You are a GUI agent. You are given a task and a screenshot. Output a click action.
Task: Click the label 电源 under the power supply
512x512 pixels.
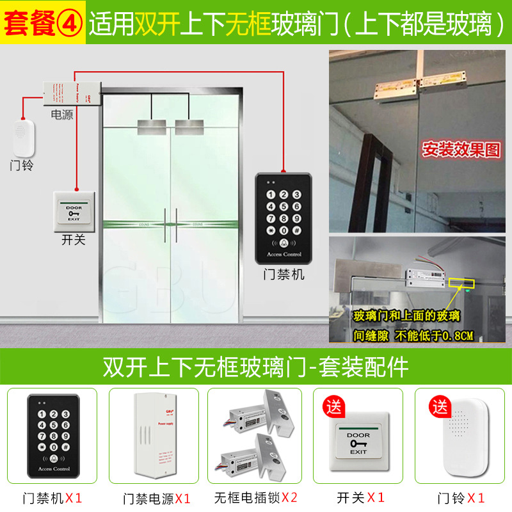62,114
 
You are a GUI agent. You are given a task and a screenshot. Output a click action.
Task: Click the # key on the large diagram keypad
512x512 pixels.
296,230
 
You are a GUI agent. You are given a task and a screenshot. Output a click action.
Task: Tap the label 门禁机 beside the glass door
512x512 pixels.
284,275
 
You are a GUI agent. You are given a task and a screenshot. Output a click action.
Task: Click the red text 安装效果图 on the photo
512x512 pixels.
460,149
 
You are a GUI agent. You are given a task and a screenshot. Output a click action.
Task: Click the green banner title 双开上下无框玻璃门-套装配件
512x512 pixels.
255,367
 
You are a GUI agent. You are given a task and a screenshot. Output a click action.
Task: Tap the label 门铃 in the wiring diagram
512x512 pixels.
22,165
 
